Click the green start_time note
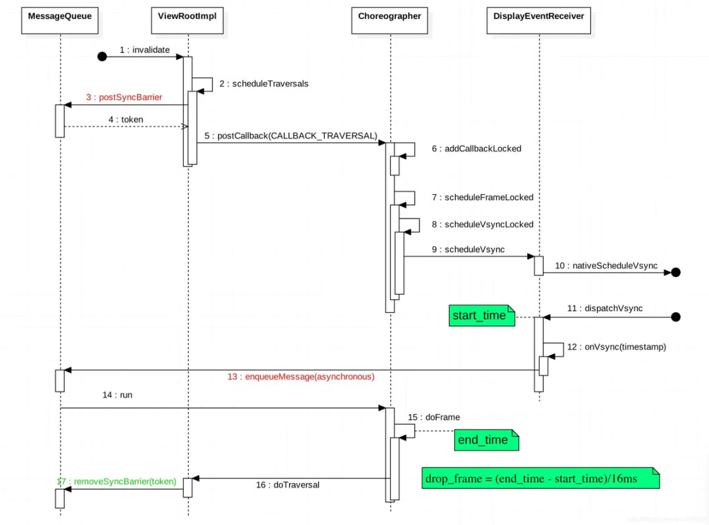[479, 316]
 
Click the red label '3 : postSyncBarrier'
[124, 97]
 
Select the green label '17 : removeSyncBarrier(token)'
[117, 481]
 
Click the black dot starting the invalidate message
[102, 56]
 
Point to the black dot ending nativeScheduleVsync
[676, 272]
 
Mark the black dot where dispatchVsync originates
[676, 317]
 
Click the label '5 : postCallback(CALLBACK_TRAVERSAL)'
[291, 136]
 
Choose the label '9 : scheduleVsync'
[466, 249]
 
